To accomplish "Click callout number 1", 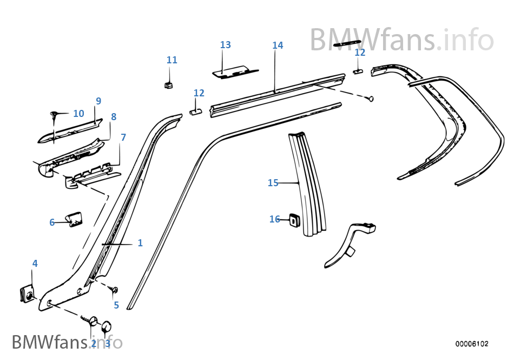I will point(140,243).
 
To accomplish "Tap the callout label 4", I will point(35,264).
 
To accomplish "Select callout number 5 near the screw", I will point(116,305).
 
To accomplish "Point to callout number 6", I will point(52,222).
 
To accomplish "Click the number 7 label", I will point(123,138).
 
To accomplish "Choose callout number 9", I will point(98,101).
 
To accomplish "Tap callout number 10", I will point(78,114).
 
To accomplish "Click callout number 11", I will point(172,60).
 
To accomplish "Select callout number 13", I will point(226,45).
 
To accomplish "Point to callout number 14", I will point(278,45).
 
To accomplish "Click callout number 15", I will point(273,183).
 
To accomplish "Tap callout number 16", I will point(275,219).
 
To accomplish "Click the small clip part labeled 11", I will point(168,84).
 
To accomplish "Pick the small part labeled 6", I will point(74,219).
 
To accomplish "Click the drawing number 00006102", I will point(472,344).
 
